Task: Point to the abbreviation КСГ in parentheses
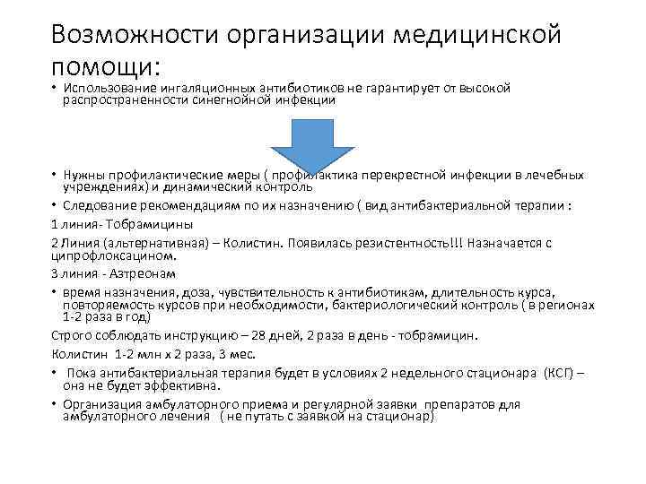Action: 556,373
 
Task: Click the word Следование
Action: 98,204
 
